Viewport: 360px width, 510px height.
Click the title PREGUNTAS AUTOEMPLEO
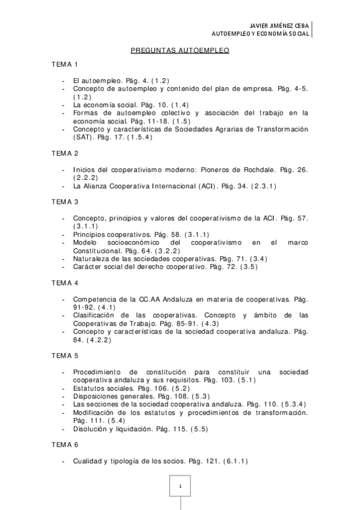pyautogui.click(x=180, y=51)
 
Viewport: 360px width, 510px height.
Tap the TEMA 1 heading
pyautogui.click(x=65, y=64)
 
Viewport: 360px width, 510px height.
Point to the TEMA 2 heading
pyautogui.click(x=65, y=153)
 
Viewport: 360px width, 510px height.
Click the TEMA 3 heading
pyautogui.click(x=65, y=201)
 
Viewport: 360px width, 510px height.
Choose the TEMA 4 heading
pyautogui.click(x=65, y=282)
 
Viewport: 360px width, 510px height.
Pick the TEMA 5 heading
pyautogui.click(x=65, y=355)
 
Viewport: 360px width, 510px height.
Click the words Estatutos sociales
pyautogui.click(x=97, y=389)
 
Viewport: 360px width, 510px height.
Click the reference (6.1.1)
pyautogui.click(x=235, y=461)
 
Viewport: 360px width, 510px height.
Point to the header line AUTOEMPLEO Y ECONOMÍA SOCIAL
pyautogui.click(x=264, y=34)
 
